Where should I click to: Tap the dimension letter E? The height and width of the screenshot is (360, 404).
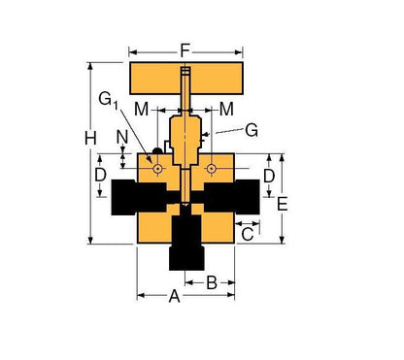284,204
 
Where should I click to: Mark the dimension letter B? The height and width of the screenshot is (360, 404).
211,282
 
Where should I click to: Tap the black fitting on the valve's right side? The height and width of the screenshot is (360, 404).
239,197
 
